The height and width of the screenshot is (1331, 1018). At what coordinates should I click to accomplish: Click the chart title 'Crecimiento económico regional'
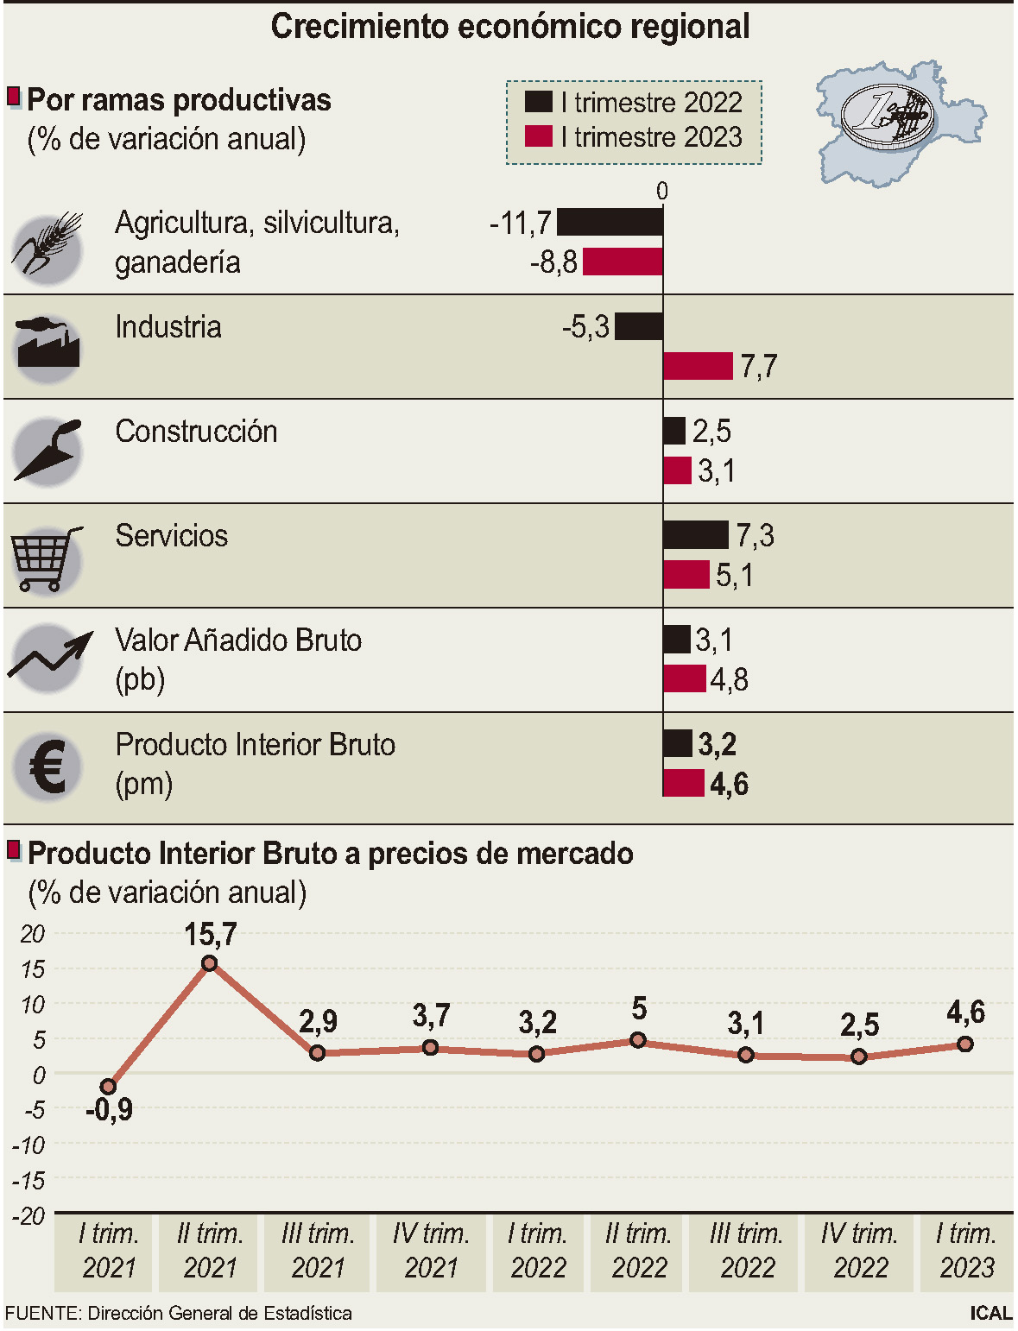[x=509, y=27]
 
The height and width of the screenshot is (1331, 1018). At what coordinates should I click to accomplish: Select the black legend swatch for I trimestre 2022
[x=538, y=102]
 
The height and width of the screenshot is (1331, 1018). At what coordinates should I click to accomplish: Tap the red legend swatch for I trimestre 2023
[x=538, y=136]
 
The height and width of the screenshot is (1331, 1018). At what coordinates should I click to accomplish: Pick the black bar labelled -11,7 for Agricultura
[x=610, y=223]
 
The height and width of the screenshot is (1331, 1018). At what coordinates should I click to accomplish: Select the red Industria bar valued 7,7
[x=698, y=366]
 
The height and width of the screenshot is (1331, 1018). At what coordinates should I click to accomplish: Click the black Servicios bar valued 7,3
[x=696, y=535]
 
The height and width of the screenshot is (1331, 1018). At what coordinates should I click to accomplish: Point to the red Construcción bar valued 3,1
[x=678, y=471]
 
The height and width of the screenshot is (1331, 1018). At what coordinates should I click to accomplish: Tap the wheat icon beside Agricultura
[x=47, y=245]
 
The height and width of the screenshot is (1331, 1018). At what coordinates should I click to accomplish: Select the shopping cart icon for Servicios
[x=47, y=558]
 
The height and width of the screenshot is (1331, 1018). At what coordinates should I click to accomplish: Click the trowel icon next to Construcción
[x=48, y=451]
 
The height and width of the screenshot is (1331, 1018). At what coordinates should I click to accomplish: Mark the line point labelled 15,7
[x=209, y=963]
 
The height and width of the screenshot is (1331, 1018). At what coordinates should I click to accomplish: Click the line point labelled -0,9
[x=108, y=1086]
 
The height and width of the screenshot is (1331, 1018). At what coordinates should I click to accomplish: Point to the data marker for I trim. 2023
[x=965, y=1044]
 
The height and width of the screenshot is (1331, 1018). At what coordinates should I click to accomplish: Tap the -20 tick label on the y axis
[x=28, y=1216]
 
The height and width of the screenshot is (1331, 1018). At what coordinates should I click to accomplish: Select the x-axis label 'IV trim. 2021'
[x=431, y=1251]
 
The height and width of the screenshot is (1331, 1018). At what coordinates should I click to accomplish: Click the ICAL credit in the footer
[x=990, y=1313]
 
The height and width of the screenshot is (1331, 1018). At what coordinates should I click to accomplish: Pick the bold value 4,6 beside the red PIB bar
[x=729, y=785]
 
